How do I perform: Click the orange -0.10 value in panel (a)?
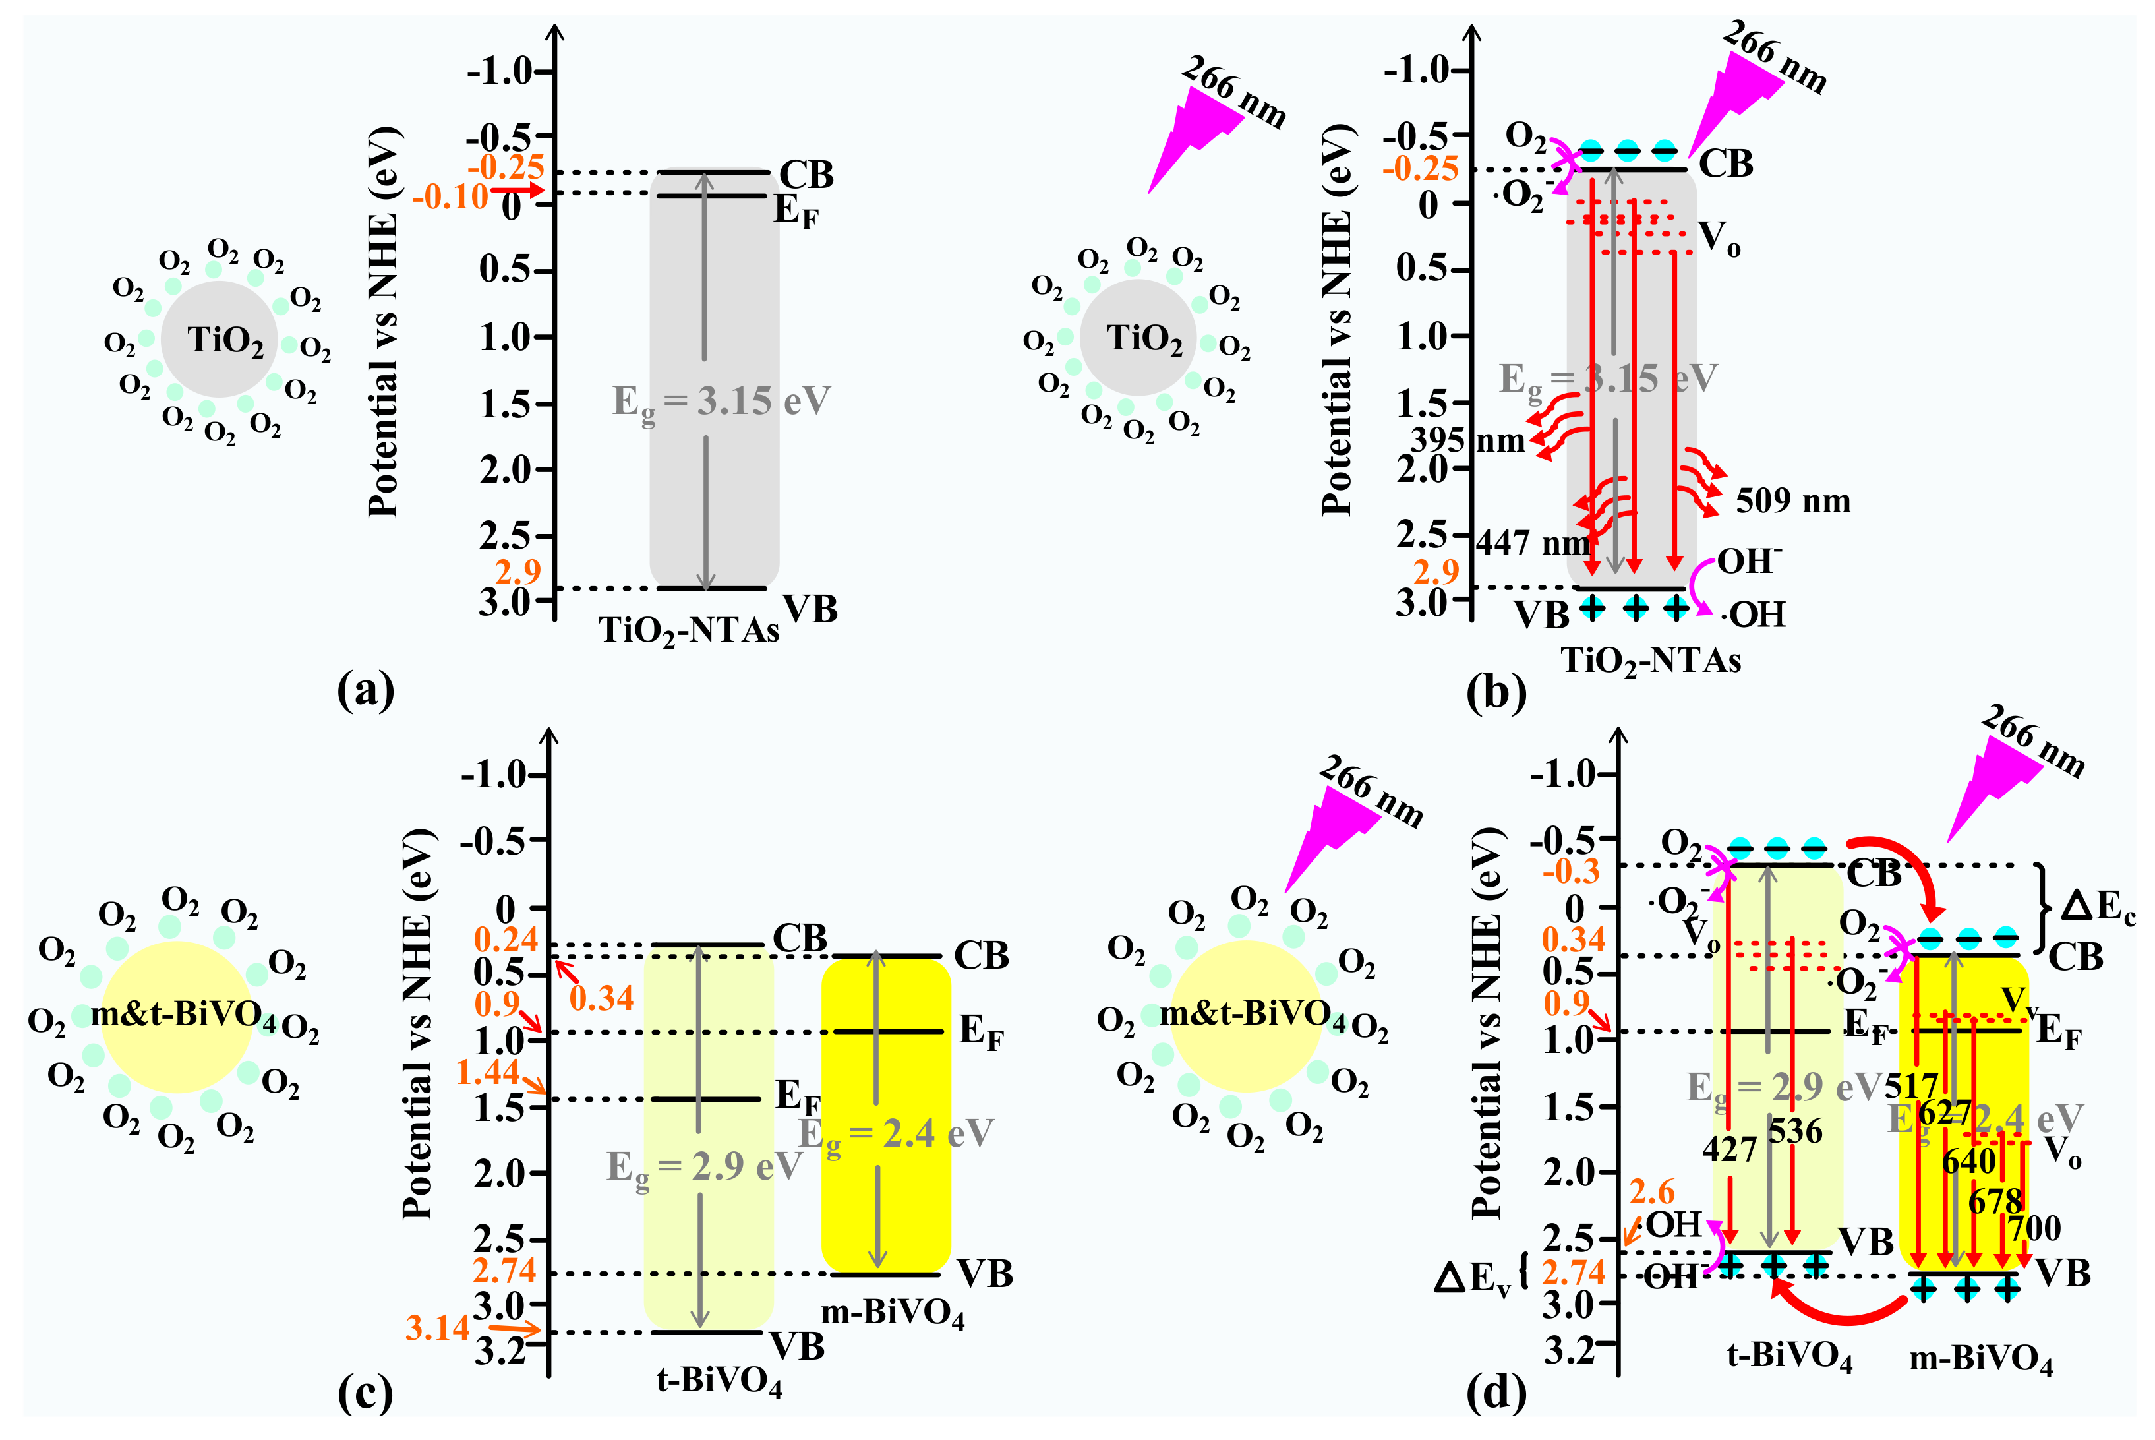point(450,196)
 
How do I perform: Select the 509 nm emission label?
point(1791,501)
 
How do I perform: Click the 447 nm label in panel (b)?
point(1531,543)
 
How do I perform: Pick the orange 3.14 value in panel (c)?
point(437,1328)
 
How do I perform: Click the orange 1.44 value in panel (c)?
point(488,1071)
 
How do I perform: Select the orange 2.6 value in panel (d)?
point(1652,1192)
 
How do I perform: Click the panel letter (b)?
point(1496,694)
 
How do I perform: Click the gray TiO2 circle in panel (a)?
point(220,339)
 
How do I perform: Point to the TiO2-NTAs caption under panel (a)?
point(689,631)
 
